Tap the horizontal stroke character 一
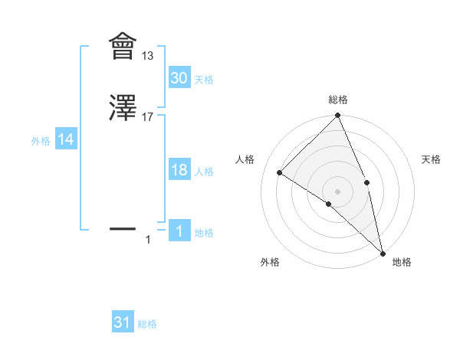[122, 228]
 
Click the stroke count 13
[148, 56]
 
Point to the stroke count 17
[148, 116]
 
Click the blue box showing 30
[179, 78]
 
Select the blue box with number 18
[179, 171]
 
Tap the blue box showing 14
[66, 139]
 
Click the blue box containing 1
[179, 231]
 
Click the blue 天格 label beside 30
[204, 80]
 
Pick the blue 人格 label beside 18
[204, 172]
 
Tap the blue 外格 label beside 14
[41, 141]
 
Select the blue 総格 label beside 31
[147, 325]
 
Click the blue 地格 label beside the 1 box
[204, 233]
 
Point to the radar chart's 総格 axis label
[338, 100]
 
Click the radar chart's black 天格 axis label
[431, 159]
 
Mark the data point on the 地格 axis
[383, 252]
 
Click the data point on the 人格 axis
[280, 172]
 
